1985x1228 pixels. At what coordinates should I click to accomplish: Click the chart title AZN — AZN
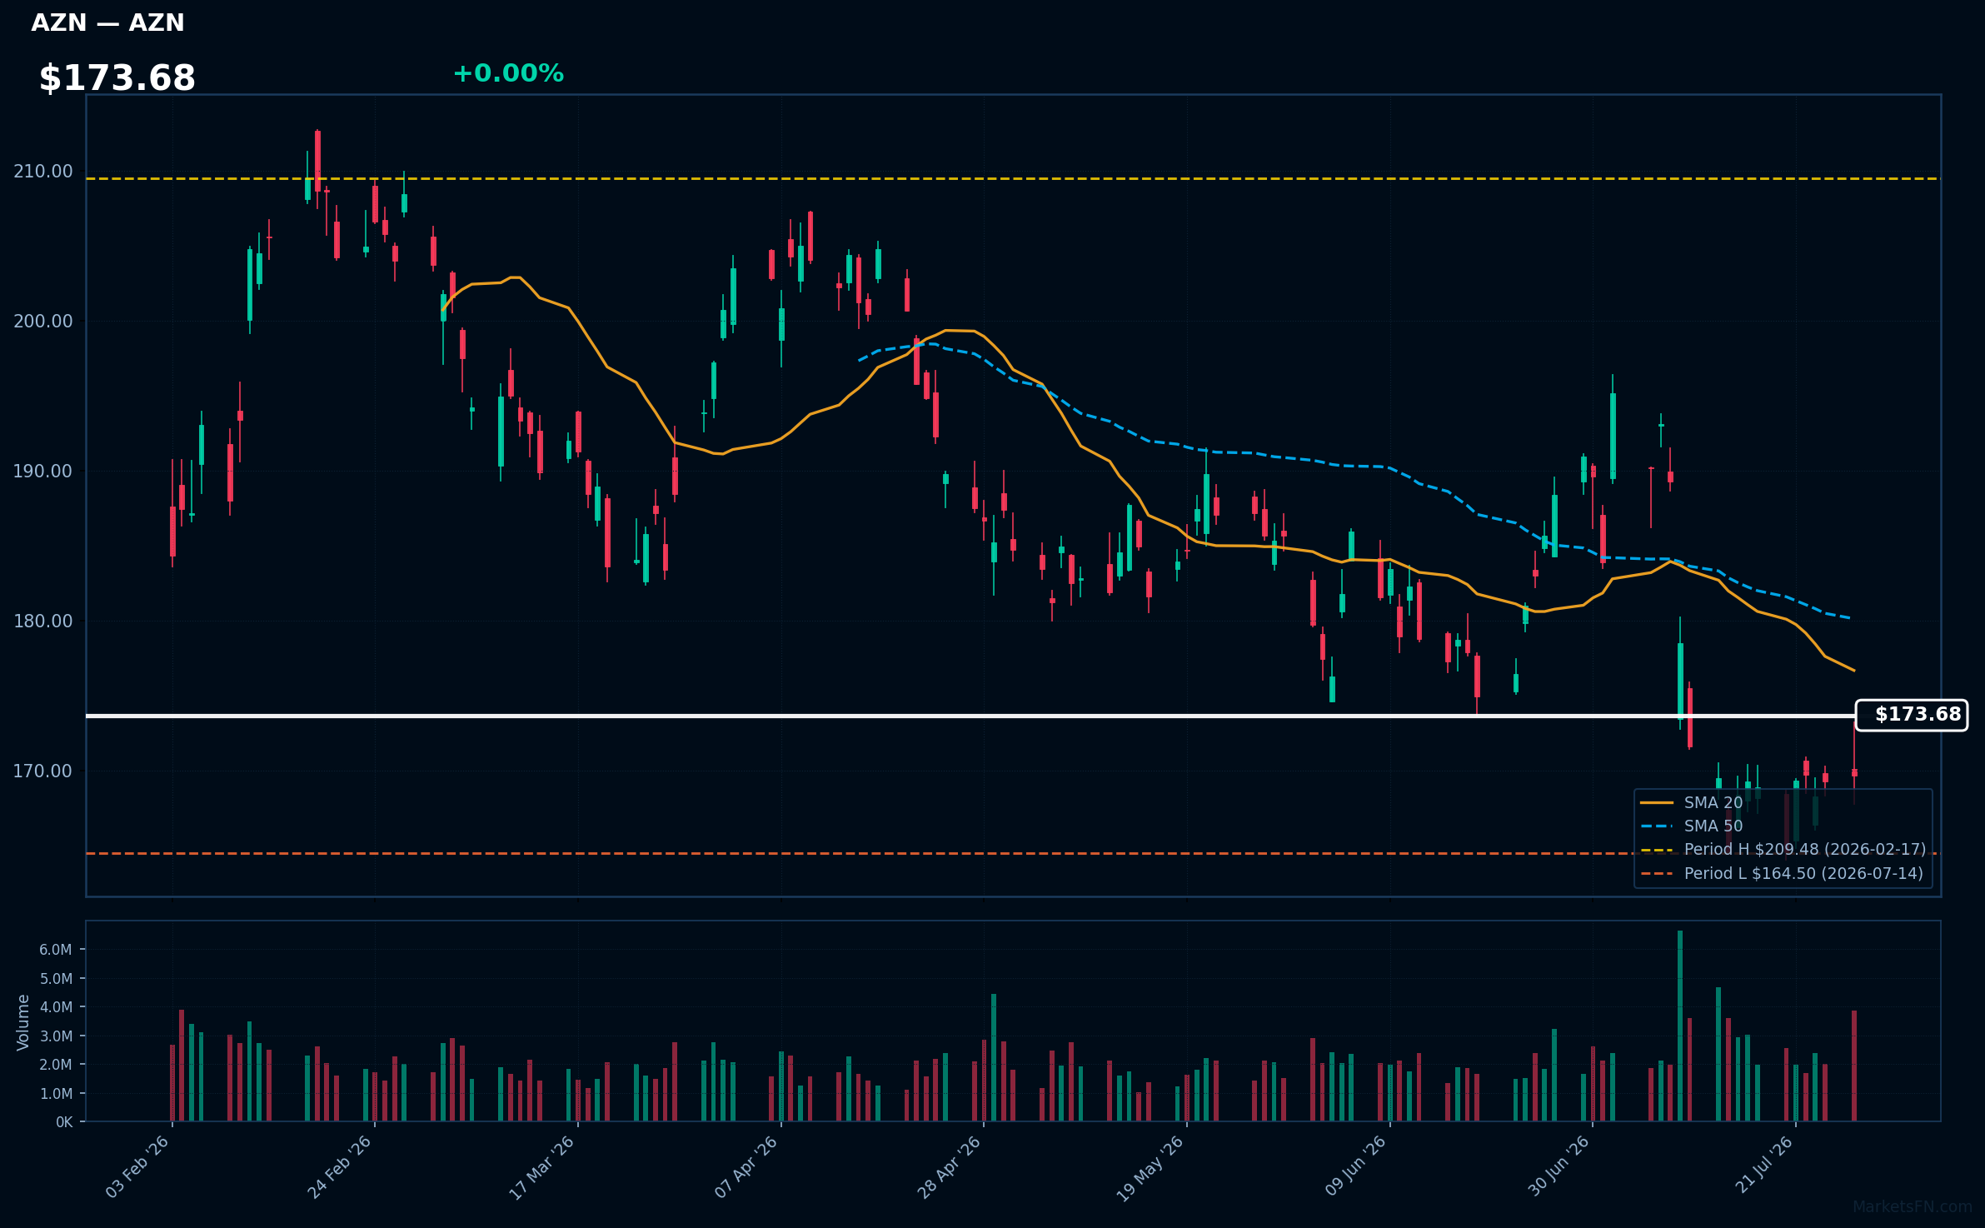point(107,22)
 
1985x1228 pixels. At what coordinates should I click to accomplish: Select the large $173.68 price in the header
point(117,78)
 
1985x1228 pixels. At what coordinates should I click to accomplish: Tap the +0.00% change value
point(508,73)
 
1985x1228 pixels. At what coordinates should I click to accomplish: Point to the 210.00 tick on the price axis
point(43,172)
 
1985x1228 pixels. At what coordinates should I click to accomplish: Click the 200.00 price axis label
point(43,322)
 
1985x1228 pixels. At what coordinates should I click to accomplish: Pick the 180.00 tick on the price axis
point(43,621)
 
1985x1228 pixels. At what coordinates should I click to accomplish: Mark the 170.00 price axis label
point(43,771)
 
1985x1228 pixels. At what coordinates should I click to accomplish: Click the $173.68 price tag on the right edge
point(1912,715)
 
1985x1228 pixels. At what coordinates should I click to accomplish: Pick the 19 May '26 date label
point(1150,1168)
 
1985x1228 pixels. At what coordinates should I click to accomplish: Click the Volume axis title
point(23,1022)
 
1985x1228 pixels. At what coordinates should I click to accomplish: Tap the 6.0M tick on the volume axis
point(56,950)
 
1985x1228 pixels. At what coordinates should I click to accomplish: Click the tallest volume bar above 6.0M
point(1680,1026)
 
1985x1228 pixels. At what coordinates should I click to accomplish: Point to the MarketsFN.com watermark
point(1913,1207)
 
